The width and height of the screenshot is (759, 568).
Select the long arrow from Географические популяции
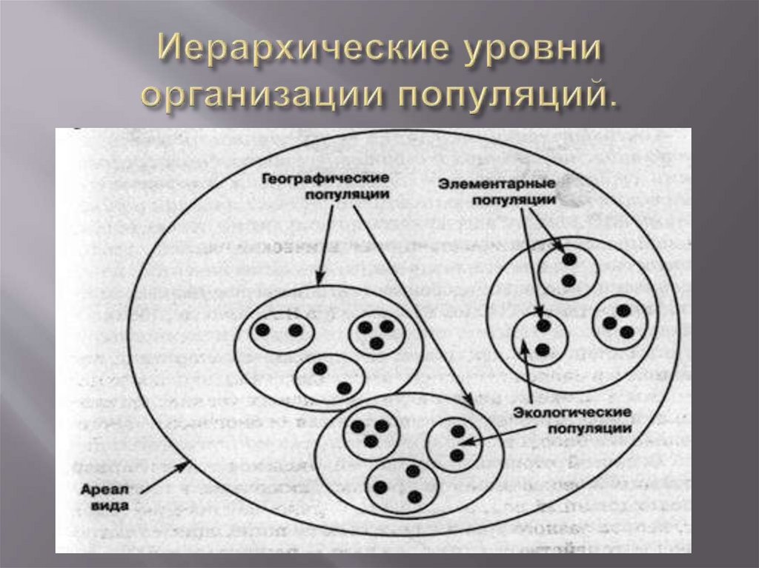[411, 304]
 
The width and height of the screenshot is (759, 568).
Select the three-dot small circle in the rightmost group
[620, 322]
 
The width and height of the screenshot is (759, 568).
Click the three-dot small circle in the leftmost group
[377, 333]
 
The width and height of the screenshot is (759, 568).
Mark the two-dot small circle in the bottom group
[454, 444]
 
